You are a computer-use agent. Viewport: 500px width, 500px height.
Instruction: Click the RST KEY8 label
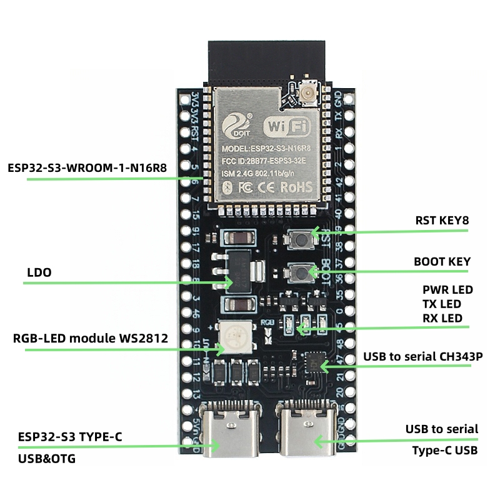(x=442, y=221)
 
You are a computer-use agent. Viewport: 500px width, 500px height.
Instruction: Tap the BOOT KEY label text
(x=442, y=262)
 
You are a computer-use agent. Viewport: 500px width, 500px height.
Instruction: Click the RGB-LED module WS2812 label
(x=90, y=339)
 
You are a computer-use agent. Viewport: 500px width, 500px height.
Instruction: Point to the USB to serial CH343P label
(x=417, y=357)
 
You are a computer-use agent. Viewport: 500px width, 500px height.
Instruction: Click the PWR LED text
(x=447, y=290)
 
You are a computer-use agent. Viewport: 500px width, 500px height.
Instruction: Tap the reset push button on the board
(x=302, y=238)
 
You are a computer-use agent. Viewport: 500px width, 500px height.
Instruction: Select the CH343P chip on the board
(x=314, y=362)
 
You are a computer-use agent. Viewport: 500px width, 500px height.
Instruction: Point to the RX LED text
(x=442, y=318)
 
